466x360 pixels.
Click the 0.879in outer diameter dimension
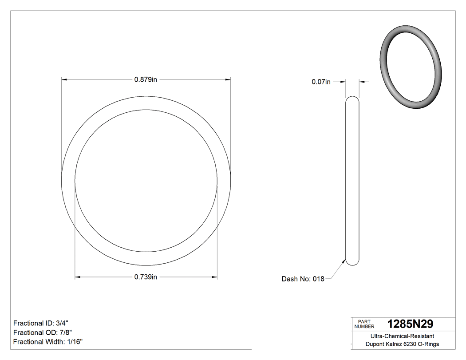[146, 80]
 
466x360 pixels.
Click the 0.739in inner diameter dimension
[146, 277]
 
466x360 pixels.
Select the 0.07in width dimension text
[321, 82]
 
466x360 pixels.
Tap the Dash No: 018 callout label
[303, 279]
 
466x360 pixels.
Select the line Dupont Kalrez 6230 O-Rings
[402, 344]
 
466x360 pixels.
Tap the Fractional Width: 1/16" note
[48, 342]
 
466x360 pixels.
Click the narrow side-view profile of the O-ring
[352, 181]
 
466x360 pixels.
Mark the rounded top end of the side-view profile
[352, 98]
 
